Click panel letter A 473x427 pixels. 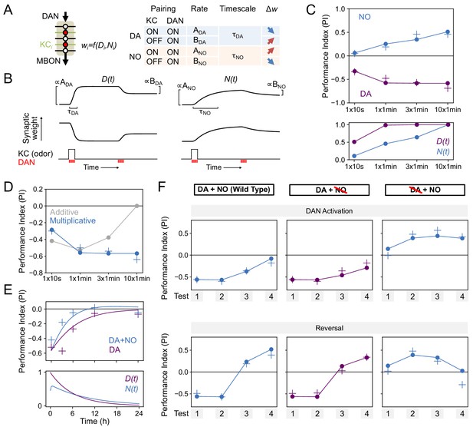click(x=8, y=10)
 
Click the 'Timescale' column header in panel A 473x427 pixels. click(x=238, y=8)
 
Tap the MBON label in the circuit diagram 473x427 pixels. click(x=48, y=61)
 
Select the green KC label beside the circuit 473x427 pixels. click(x=45, y=45)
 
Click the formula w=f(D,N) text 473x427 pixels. click(x=99, y=45)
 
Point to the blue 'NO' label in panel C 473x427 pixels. click(x=364, y=17)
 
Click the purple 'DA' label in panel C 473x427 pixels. click(x=366, y=94)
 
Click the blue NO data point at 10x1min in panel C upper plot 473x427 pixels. click(x=448, y=32)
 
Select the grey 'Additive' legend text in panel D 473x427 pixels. click(x=64, y=212)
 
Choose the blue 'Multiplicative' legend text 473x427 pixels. click(x=73, y=221)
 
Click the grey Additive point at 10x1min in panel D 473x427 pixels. click(x=137, y=206)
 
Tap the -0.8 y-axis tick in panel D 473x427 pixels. click(x=37, y=273)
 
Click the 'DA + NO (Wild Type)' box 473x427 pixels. click(x=234, y=190)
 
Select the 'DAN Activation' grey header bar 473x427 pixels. click(x=329, y=211)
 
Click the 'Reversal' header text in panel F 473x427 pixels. click(x=329, y=328)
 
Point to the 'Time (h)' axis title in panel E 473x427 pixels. click(x=94, y=422)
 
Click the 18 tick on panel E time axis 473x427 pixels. click(x=117, y=413)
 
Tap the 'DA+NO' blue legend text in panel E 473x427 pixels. click(x=123, y=340)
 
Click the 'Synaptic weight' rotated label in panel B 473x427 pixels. click(x=31, y=128)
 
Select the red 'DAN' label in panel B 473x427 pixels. click(x=27, y=162)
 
